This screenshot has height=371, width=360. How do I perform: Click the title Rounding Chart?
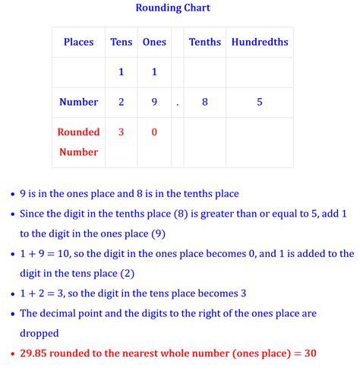[x=172, y=8]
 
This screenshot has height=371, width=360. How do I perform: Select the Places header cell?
[x=79, y=43]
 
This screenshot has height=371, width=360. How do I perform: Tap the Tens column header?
[x=122, y=43]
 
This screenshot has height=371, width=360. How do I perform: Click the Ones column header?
[x=154, y=43]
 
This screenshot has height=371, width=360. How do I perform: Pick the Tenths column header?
[x=205, y=43]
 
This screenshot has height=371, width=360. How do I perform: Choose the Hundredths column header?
[x=260, y=43]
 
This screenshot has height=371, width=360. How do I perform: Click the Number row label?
[x=79, y=102]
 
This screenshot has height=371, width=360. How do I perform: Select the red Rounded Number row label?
[x=79, y=142]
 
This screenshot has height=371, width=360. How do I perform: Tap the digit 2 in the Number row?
[x=122, y=102]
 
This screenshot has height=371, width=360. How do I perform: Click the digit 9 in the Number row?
[x=154, y=102]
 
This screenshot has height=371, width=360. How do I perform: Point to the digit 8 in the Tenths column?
[x=205, y=102]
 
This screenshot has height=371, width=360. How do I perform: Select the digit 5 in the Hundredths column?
[x=260, y=102]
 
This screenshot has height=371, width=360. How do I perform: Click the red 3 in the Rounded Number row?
[x=122, y=132]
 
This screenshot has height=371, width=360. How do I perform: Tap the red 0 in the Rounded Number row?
[x=154, y=132]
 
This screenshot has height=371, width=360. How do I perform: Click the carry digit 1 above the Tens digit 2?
[x=122, y=72]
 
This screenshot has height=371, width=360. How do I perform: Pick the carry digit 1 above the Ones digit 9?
[x=154, y=72]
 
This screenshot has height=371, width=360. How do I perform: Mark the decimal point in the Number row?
[x=178, y=103]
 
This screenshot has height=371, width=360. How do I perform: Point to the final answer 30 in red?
[x=309, y=354]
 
